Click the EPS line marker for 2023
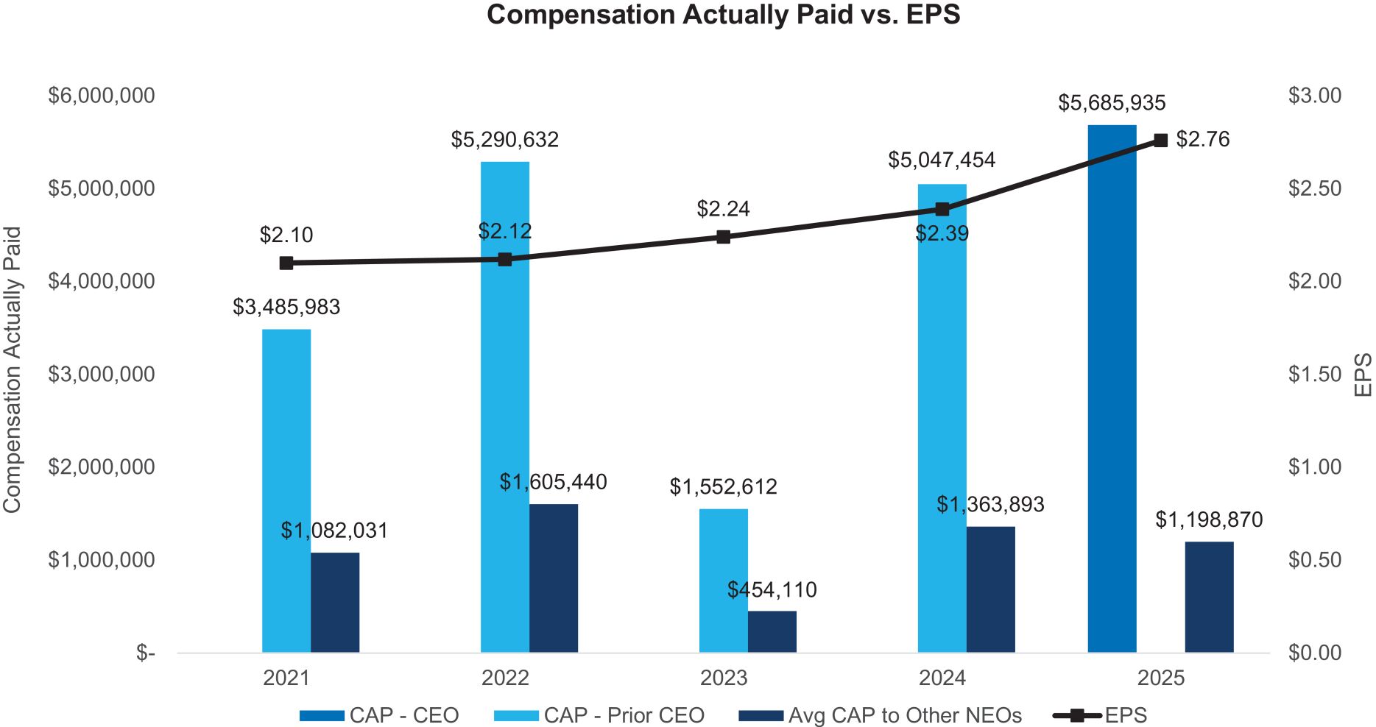pyautogui.click(x=723, y=237)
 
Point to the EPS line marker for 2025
pyautogui.click(x=1160, y=141)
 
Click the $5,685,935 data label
pyautogui.click(x=1112, y=103)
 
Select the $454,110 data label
pyautogui.click(x=772, y=590)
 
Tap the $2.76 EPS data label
pyautogui.click(x=1202, y=140)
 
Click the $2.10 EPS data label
pyautogui.click(x=286, y=235)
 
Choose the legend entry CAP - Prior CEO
pyautogui.click(x=623, y=715)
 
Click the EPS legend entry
pyautogui.click(x=1125, y=715)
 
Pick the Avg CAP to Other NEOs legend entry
pyautogui.click(x=904, y=715)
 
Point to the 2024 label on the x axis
pyautogui.click(x=942, y=678)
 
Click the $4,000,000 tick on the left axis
pyautogui.click(x=102, y=281)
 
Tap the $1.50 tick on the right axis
pyautogui.click(x=1314, y=375)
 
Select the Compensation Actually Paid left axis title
pyautogui.click(x=13, y=370)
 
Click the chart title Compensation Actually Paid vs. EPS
pyautogui.click(x=723, y=15)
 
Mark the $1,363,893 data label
pyautogui.click(x=990, y=505)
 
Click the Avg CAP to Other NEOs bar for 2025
pyautogui.click(x=1209, y=597)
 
